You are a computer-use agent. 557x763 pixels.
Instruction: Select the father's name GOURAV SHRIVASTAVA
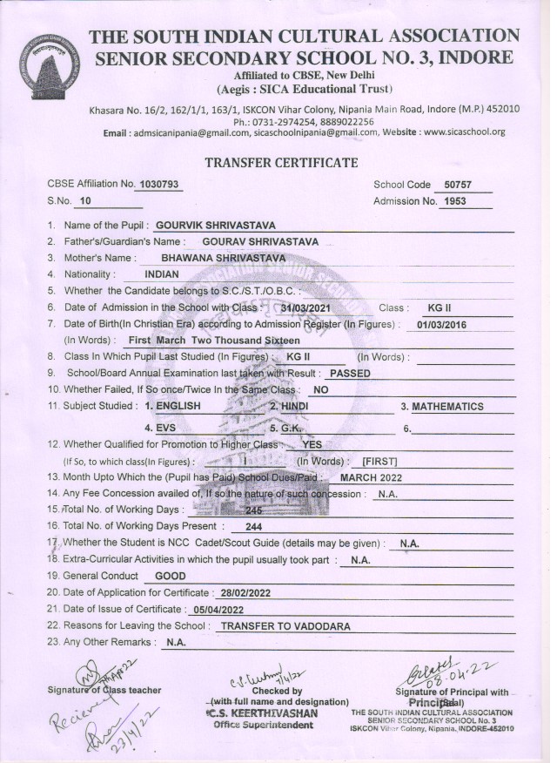pyautogui.click(x=259, y=241)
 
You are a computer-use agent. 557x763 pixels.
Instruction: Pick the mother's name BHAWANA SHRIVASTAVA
pyautogui.click(x=224, y=258)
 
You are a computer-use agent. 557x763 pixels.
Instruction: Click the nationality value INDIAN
pyautogui.click(x=162, y=274)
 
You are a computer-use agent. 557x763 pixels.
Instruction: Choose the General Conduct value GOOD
pyautogui.click(x=170, y=577)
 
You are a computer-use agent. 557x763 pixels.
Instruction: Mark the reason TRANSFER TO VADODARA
pyautogui.click(x=285, y=626)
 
